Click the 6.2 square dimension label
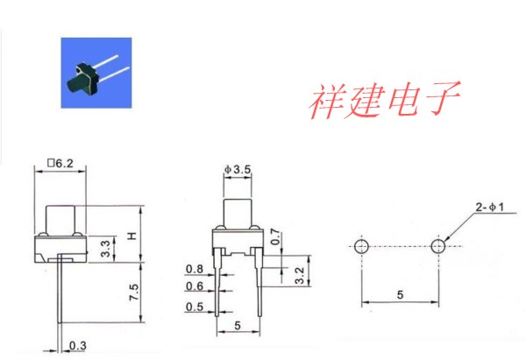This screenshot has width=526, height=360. point(60,163)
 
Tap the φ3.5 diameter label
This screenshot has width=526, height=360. point(238,170)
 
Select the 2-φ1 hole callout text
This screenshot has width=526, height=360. point(490,207)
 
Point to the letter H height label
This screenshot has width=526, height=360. point(132,236)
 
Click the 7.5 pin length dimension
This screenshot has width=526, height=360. point(133,292)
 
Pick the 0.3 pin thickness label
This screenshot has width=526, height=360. point(77,346)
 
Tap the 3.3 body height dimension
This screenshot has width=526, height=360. point(105,249)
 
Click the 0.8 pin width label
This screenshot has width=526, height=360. point(195,269)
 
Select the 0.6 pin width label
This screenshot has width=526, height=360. point(195,286)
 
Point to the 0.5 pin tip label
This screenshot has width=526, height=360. point(195,307)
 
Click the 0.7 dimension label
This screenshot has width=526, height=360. point(274,236)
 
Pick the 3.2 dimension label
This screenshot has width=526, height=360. point(299,275)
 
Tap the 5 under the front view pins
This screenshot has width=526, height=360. point(238,325)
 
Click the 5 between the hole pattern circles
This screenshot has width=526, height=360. point(400,294)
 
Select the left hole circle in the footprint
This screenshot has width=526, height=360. point(361,246)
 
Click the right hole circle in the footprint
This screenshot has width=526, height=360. point(438,246)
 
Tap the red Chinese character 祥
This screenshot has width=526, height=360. point(326,101)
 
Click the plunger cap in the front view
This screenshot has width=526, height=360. point(238,215)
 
